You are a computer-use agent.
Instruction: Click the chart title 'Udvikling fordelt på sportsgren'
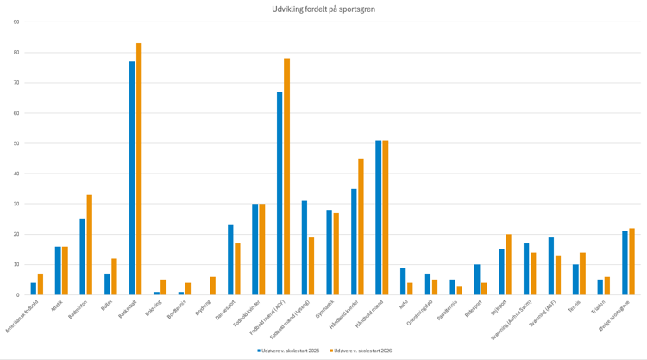point(323,9)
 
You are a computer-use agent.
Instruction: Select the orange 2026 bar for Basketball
point(139,169)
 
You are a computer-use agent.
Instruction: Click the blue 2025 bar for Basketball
point(132,179)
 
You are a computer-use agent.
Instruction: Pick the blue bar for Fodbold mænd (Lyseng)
point(305,248)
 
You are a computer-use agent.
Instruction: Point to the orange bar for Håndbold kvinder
point(361,227)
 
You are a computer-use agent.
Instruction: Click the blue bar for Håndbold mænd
point(378,218)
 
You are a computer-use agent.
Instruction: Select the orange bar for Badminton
point(90,245)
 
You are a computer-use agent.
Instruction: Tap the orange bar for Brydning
point(213,286)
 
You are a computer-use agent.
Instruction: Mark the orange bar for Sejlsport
point(508,264)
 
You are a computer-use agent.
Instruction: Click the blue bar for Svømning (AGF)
point(550,266)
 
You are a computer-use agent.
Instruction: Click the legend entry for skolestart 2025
point(289,351)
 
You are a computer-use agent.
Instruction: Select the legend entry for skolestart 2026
point(362,351)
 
